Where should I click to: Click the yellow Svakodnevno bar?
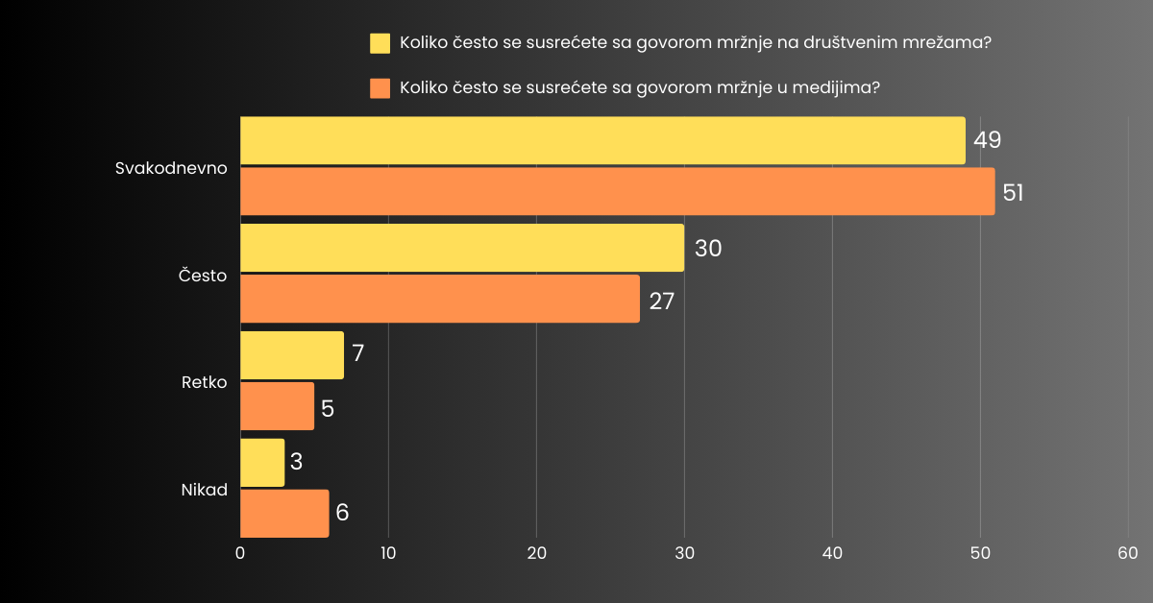click(x=602, y=141)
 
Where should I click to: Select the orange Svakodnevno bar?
click(x=617, y=191)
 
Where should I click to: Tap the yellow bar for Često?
click(x=462, y=249)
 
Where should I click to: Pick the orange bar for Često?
click(x=440, y=299)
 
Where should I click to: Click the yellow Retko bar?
click(x=291, y=355)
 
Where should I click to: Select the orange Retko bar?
click(x=277, y=406)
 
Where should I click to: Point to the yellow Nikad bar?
click(x=262, y=463)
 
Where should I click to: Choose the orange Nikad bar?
click(x=284, y=514)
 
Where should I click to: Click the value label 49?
click(x=988, y=140)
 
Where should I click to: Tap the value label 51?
click(x=1013, y=192)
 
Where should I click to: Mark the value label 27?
click(x=661, y=301)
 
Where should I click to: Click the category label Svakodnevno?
click(x=171, y=167)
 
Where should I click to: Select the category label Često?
click(x=203, y=276)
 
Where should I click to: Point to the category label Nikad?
click(x=205, y=490)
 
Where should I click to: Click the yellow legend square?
click(x=380, y=43)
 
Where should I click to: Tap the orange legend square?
click(x=380, y=88)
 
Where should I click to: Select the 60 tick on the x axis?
click(x=1128, y=553)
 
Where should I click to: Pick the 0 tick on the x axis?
click(x=240, y=553)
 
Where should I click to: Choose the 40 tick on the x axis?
click(x=832, y=553)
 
